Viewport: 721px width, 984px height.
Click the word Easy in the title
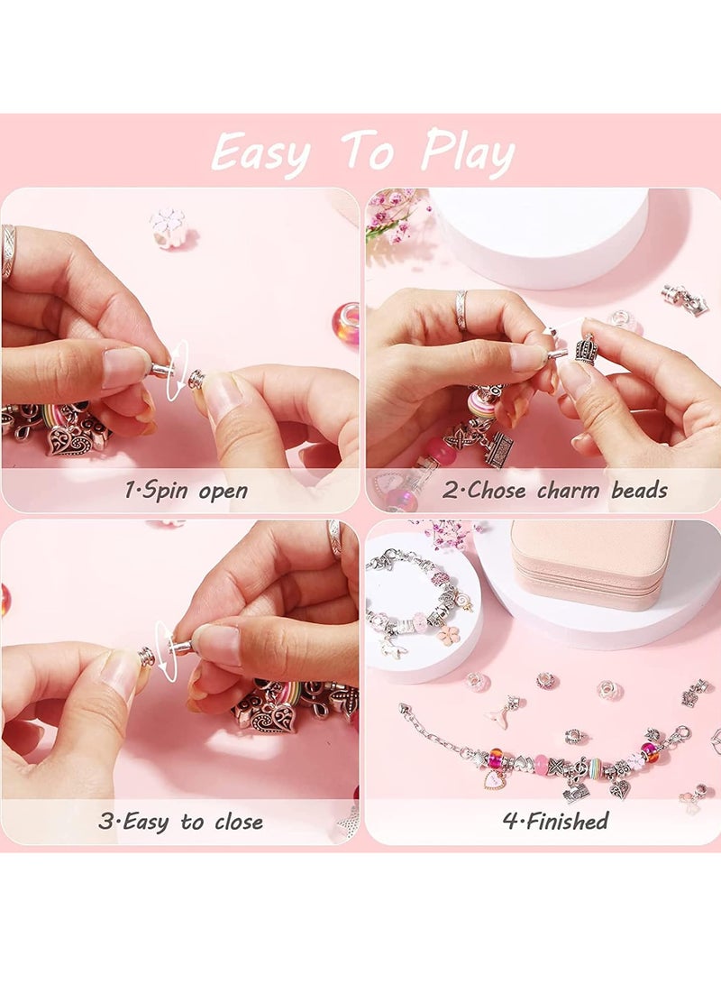[260, 152]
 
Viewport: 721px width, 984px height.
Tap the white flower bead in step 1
[169, 226]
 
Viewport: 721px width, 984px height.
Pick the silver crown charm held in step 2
[587, 348]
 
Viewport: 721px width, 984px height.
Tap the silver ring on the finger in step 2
[461, 309]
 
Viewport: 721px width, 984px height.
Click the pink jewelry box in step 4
[592, 564]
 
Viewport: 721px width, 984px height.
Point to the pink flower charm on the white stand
[449, 635]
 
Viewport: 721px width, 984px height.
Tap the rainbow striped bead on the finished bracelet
[596, 768]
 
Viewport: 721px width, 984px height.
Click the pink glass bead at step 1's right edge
[346, 324]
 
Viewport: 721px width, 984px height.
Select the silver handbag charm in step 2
[497, 447]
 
